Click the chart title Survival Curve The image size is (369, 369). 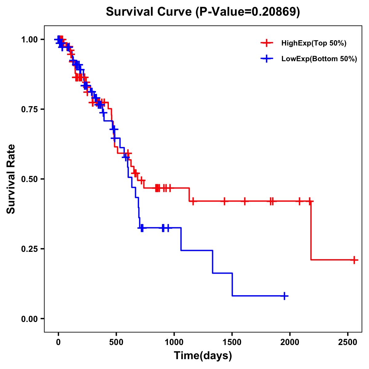tap(203, 12)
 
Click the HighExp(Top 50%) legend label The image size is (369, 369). tap(314, 43)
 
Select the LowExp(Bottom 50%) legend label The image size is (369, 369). tap(319, 59)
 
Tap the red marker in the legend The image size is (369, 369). tap(267, 43)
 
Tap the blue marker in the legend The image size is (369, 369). tap(267, 59)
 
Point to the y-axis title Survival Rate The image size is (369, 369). tap(11, 179)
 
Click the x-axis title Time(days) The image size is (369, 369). tap(203, 356)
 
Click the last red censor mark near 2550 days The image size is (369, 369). tap(354, 260)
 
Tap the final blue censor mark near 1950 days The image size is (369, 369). tap(285, 296)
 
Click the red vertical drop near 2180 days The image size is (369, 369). tap(311, 231)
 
